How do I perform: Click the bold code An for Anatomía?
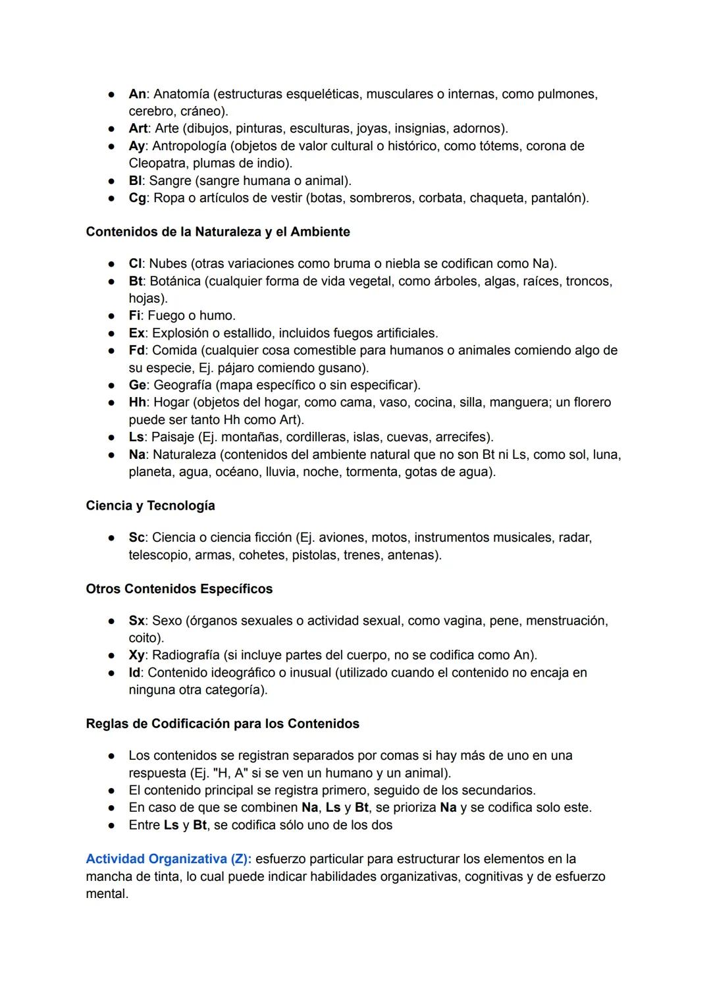click(137, 94)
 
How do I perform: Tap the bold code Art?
click(138, 128)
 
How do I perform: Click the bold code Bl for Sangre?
click(135, 180)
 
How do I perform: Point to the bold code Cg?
click(137, 198)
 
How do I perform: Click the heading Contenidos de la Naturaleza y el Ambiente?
click(218, 232)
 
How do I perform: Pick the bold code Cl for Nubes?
click(135, 264)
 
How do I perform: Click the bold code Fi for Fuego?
click(134, 316)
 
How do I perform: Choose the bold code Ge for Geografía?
click(138, 385)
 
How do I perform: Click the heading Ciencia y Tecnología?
click(150, 506)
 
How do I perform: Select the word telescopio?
click(158, 555)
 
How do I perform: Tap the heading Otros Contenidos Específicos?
click(179, 589)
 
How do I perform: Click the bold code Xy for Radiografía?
click(136, 655)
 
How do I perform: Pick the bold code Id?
click(134, 673)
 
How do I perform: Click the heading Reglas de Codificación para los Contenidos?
click(223, 724)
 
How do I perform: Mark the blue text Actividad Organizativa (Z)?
click(169, 859)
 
